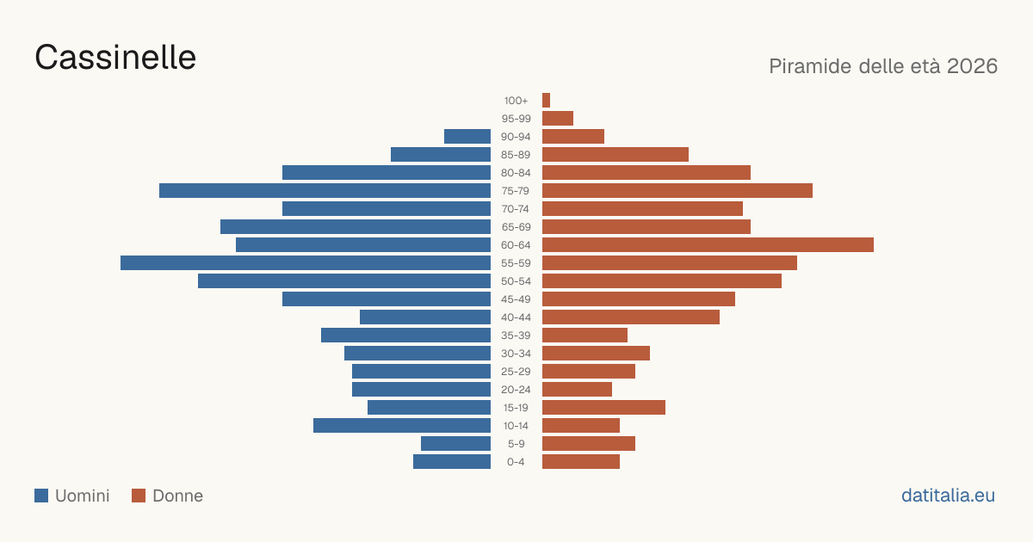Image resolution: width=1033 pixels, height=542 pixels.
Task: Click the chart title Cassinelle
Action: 115,58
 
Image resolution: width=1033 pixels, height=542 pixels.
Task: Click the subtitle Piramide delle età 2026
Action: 883,66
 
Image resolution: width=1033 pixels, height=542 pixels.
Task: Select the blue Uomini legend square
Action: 41,496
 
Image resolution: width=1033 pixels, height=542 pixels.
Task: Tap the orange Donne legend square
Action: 139,496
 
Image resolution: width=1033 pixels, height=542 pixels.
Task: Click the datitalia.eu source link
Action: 948,496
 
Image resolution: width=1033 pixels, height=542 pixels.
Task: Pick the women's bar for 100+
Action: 546,100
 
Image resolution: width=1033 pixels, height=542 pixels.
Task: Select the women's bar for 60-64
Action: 708,244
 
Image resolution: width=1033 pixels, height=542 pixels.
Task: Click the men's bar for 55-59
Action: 306,262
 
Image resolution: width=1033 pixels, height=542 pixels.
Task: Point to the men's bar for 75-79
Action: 325,190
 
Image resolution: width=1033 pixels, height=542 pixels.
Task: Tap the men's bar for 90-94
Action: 467,137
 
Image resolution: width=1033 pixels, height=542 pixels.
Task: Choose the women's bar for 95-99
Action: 558,119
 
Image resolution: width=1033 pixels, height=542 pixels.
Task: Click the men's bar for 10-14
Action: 402,425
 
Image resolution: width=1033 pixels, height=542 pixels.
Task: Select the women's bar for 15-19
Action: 603,408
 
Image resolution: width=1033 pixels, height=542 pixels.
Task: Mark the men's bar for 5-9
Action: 455,443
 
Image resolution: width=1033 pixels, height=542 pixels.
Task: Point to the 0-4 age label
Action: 516,462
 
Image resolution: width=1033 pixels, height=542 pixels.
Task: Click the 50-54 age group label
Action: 516,281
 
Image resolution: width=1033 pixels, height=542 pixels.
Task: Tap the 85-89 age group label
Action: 516,155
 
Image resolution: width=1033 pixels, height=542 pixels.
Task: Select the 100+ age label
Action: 516,101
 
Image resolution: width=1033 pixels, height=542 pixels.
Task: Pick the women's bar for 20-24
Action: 577,390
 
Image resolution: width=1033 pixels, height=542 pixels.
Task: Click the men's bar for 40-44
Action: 425,317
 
